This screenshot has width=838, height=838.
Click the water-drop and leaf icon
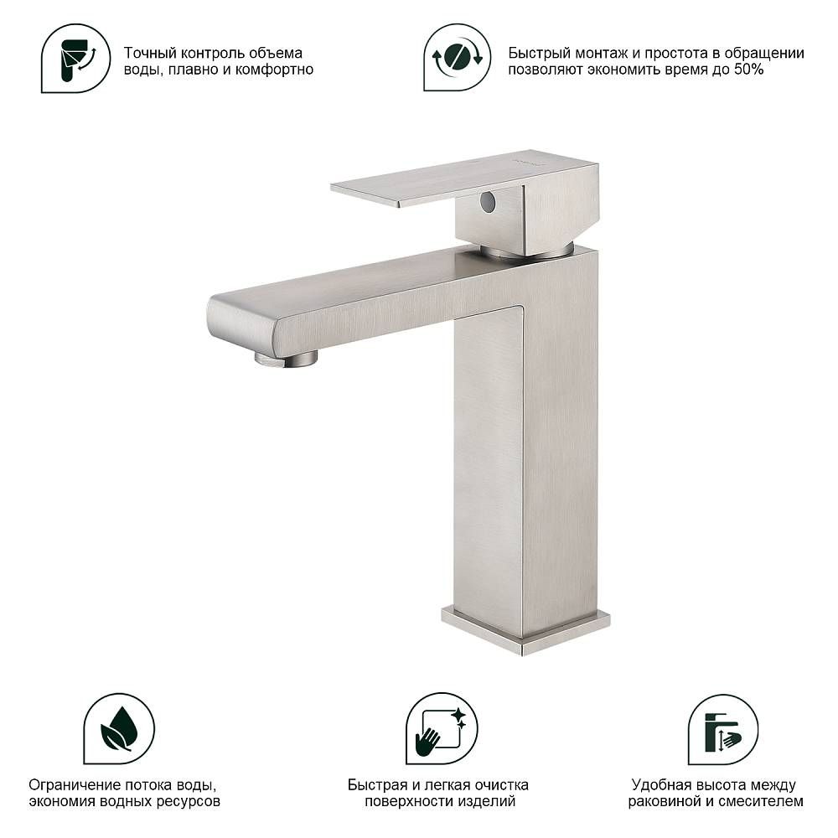119,728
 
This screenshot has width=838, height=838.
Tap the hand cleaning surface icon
442,728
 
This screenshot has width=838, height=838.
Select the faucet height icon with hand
722,730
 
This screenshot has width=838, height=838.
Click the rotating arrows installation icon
457,57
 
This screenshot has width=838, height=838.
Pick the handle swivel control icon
76,58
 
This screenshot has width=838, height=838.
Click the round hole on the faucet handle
488,201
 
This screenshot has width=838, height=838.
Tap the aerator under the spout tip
287,358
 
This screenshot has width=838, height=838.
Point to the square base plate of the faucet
526,630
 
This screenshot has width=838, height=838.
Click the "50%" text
748,70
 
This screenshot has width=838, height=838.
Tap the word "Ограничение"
75,785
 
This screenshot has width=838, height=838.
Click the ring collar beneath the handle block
527,251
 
